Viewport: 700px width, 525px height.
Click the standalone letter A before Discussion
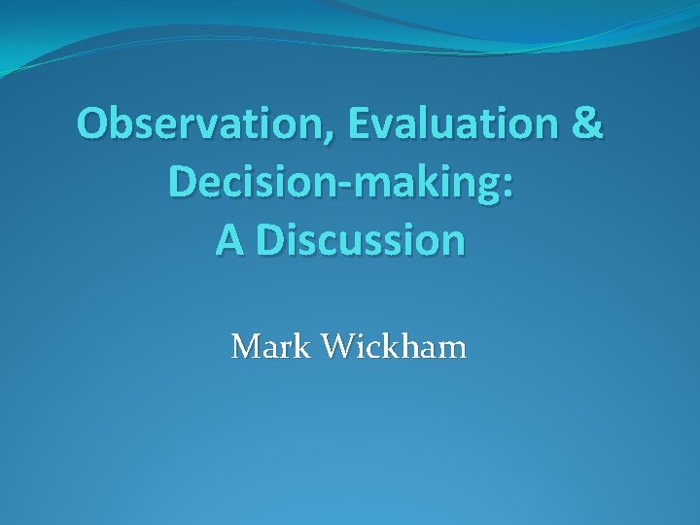pyautogui.click(x=230, y=241)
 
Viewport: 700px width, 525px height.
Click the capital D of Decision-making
pyautogui.click(x=182, y=182)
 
